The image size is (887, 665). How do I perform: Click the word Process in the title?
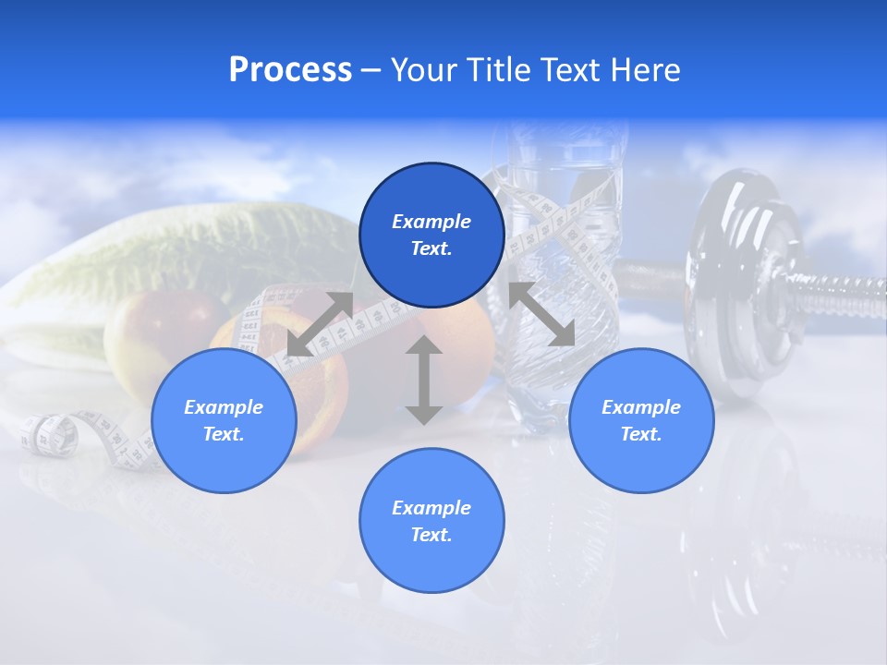coord(290,70)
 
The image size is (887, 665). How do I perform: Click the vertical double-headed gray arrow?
coord(424,380)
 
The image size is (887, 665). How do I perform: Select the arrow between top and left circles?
coord(321,324)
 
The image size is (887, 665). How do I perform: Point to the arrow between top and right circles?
coord(542,314)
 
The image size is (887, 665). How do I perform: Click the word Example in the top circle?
coord(431,222)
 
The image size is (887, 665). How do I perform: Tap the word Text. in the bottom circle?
coord(431,535)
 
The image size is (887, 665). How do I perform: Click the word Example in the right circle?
coord(641,407)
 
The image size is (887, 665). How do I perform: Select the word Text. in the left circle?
coord(224,434)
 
